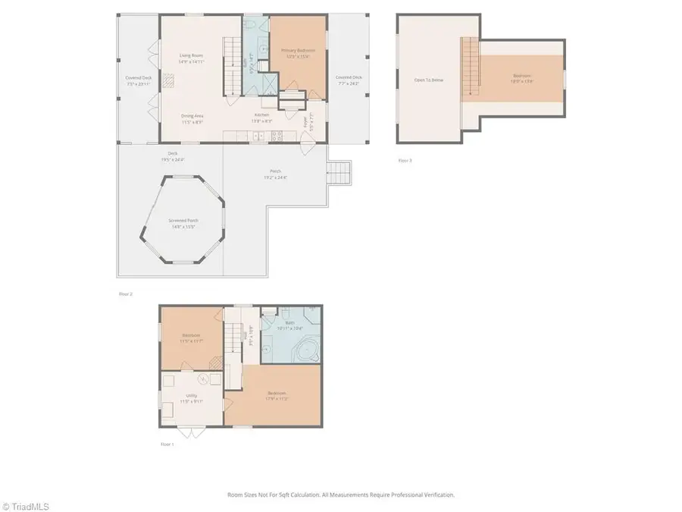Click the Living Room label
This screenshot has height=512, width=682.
pyautogui.click(x=191, y=55)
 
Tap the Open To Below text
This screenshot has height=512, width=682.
pyautogui.click(x=428, y=79)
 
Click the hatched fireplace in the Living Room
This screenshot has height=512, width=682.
pyautogui.click(x=170, y=77)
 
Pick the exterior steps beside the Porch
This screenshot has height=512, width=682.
pyautogui.click(x=339, y=174)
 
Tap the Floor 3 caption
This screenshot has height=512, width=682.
pyautogui.click(x=405, y=161)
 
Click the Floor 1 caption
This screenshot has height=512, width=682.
pyautogui.click(x=167, y=444)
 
